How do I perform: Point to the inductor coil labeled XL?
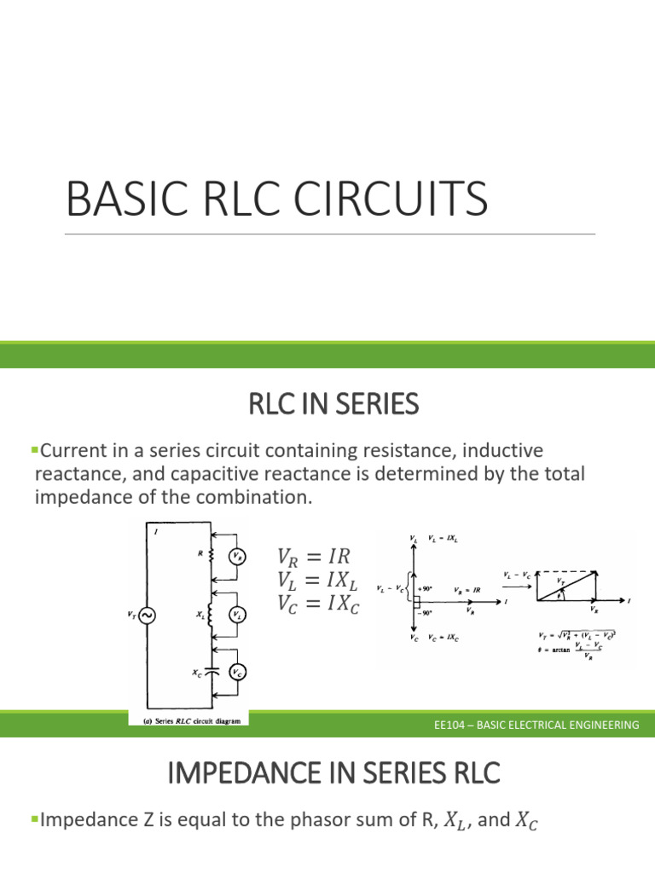click(x=211, y=614)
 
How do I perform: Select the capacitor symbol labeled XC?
click(x=212, y=672)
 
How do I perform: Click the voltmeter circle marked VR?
click(x=236, y=557)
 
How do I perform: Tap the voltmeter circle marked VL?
click(x=237, y=614)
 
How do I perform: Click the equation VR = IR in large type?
click(x=314, y=557)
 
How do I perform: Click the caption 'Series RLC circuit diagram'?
click(x=188, y=720)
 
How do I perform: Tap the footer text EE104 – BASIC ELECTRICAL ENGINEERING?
click(x=536, y=725)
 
